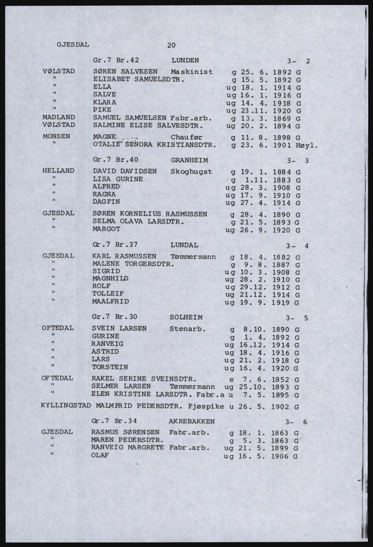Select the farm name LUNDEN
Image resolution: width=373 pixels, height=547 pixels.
[x=185, y=61]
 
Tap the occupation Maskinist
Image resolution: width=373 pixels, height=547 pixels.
[x=191, y=72]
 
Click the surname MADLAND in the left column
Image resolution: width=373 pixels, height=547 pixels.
[x=59, y=117]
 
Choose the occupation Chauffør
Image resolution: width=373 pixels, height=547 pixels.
[x=186, y=137]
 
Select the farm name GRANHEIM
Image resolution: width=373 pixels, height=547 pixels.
[x=189, y=160]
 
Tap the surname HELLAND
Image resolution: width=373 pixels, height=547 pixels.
[x=59, y=171]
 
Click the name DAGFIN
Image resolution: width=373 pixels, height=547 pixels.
[x=106, y=202]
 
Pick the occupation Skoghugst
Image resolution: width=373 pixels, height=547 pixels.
[x=191, y=172]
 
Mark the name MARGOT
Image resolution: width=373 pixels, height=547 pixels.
[x=106, y=229]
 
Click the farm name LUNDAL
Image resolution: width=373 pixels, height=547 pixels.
[x=184, y=245]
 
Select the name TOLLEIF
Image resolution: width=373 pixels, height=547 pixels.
[x=108, y=294]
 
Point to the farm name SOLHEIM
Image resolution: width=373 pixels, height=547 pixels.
[x=186, y=317]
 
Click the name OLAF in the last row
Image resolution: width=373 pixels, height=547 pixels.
[x=100, y=455]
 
